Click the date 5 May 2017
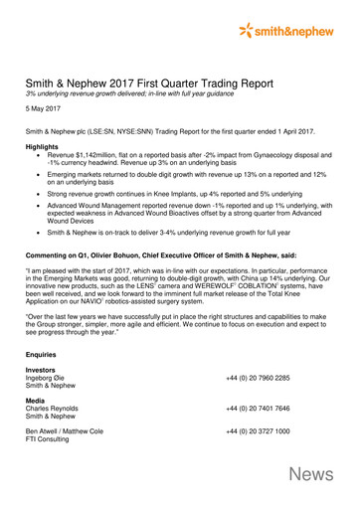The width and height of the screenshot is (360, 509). click(x=45, y=115)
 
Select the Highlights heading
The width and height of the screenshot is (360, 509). click(x=44, y=147)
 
